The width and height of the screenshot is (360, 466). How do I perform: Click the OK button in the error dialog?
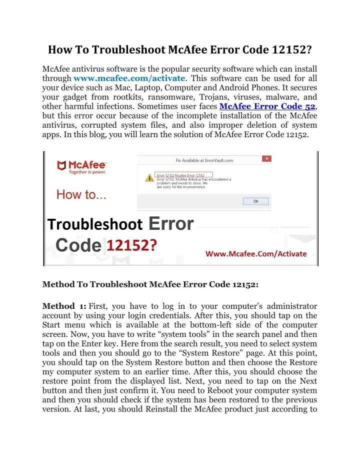[255, 201]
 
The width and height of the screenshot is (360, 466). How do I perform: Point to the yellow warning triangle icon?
[149, 178]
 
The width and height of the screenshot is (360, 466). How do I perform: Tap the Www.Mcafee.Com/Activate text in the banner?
[256, 253]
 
